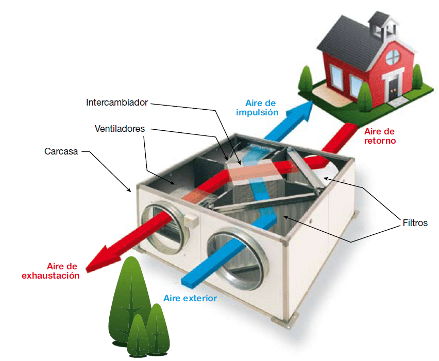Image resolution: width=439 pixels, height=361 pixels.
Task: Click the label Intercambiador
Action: tap(116, 102)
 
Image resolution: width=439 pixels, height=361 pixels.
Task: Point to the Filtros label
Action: tap(415, 223)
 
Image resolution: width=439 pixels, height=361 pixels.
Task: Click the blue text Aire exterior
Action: tap(190, 298)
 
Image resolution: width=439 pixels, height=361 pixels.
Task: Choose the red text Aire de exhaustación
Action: tap(50, 271)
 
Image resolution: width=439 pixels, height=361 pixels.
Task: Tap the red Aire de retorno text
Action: tap(378, 135)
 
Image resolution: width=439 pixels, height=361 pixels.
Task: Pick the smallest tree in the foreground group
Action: tap(138, 335)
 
